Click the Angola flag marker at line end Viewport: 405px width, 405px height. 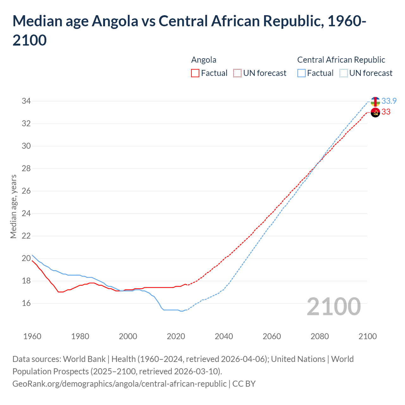click(375, 112)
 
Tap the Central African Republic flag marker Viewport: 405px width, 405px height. click(375, 102)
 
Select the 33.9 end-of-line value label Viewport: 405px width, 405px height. click(389, 101)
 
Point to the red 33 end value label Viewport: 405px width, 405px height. click(386, 112)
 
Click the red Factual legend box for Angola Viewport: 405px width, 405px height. click(195, 73)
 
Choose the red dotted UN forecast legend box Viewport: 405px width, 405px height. click(237, 73)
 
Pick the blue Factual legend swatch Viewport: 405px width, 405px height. click(302, 73)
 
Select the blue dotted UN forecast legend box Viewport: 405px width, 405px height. click(343, 73)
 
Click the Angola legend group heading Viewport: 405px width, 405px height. click(204, 60)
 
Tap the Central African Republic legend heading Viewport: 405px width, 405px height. click(341, 60)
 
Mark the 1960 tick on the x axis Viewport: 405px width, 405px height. click(32, 336)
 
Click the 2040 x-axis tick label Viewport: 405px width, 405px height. click(224, 336)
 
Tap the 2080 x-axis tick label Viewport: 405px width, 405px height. click(320, 336)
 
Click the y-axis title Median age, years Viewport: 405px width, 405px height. click(13, 206)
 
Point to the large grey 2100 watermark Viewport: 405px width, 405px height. click(333, 307)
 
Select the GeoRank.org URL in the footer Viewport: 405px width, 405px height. click(119, 384)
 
